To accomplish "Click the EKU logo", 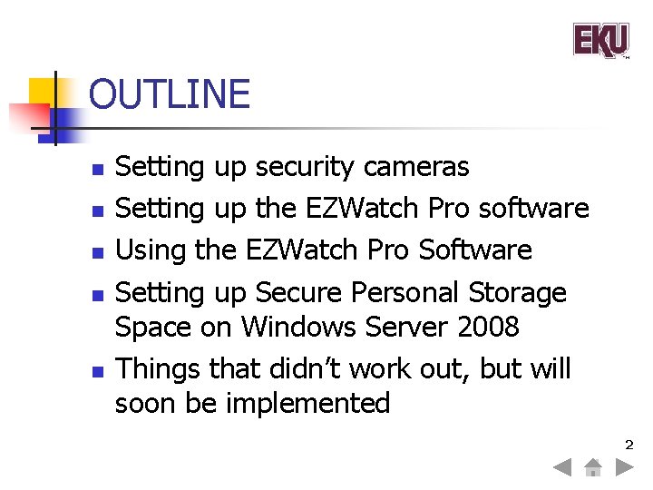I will tap(600, 41).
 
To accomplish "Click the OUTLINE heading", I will tap(170, 94).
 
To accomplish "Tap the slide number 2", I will tap(627, 445).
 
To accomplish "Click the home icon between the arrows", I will tap(593, 468).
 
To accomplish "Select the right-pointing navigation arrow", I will tap(624, 468).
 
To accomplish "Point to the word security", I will tap(305, 167).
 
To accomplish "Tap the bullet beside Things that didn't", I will tap(97, 371).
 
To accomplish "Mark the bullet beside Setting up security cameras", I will tap(97, 169).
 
